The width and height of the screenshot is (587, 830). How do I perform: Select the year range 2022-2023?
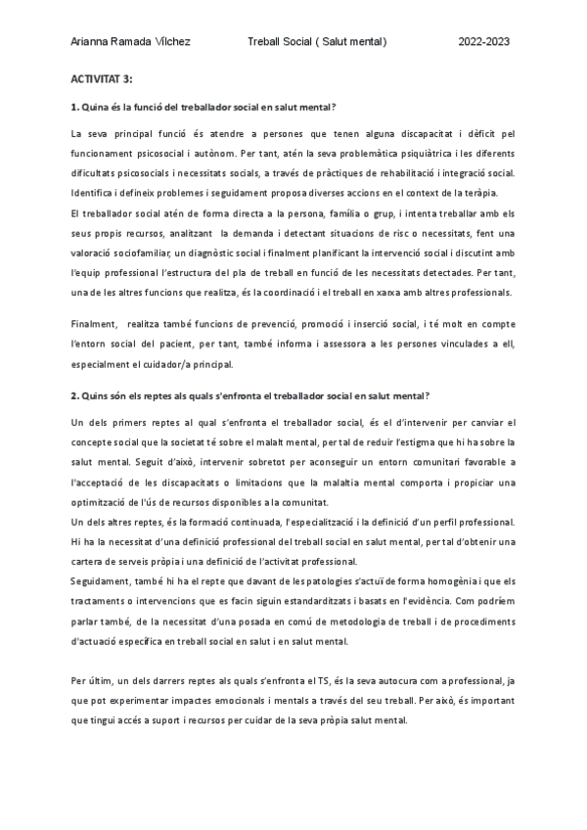point(484,43)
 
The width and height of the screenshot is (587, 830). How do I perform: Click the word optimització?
point(102,501)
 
